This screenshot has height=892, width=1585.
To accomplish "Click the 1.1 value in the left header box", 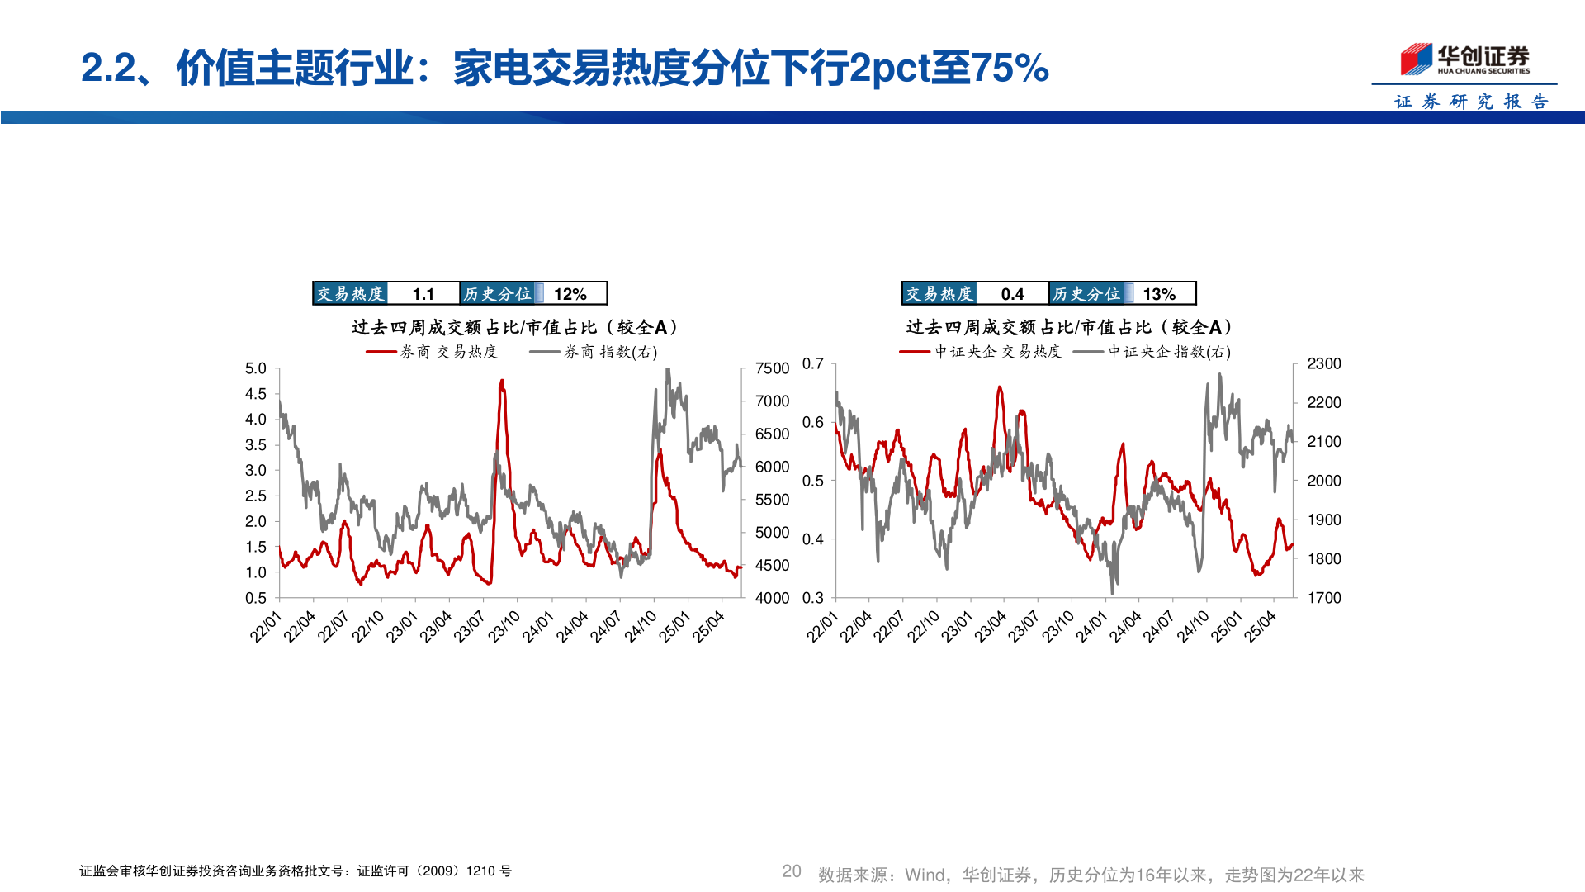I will [423, 294].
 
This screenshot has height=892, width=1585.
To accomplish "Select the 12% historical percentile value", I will [570, 294].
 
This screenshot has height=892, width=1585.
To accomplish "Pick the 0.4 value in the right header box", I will [1012, 294].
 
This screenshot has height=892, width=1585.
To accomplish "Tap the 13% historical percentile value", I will [1159, 294].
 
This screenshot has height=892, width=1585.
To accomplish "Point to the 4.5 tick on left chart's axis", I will [256, 394].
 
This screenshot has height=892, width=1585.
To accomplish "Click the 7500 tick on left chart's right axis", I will [772, 368].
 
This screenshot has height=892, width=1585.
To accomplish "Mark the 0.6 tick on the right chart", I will [813, 422].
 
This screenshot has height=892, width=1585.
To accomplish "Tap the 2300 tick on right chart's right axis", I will [1323, 363].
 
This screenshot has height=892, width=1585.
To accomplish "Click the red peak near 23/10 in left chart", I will [502, 382].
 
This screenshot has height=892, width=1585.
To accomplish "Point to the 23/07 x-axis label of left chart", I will [469, 627].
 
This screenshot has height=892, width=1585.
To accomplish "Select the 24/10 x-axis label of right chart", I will [1192, 627].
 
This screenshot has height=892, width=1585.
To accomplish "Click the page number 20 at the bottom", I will [791, 871].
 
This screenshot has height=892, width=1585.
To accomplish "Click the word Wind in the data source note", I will [925, 875].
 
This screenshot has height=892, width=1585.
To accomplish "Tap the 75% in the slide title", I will [1010, 68].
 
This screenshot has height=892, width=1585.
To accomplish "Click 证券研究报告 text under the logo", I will [1471, 102].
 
